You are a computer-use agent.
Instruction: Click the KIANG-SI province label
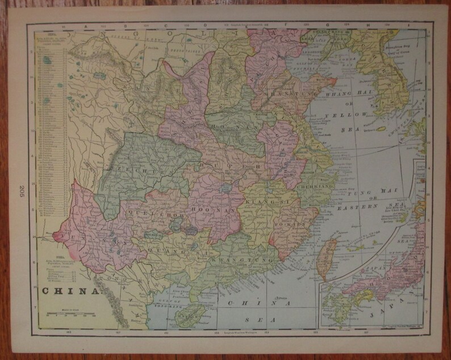pos(261,202)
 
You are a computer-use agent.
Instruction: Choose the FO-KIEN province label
pos(289,223)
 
